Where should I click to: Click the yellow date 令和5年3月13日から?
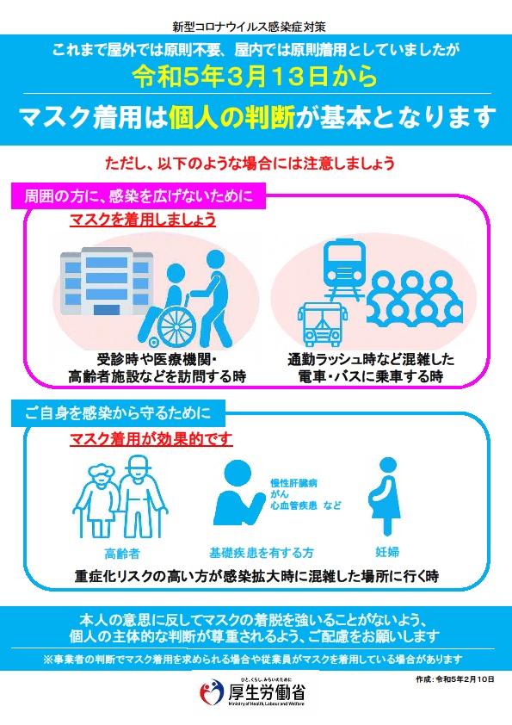[255, 76]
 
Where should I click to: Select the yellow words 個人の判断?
[231, 117]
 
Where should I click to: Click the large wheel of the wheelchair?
[176, 326]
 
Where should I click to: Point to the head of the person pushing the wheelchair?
[215, 259]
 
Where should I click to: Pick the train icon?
[344, 269]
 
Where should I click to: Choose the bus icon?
[322, 324]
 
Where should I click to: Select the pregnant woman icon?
[386, 496]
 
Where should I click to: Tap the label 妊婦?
[387, 552]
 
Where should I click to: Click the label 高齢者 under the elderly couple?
[121, 553]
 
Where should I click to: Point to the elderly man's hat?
[138, 463]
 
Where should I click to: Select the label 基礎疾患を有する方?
[261, 552]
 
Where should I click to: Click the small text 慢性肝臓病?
[294, 483]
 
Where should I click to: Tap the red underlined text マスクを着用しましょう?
[143, 220]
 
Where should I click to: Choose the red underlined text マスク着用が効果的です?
[151, 438]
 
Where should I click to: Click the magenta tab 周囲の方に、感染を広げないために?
[139, 196]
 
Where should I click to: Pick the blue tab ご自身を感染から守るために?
[118, 413]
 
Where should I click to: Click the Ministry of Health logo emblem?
[212, 692]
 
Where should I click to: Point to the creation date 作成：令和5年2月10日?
[455, 679]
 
